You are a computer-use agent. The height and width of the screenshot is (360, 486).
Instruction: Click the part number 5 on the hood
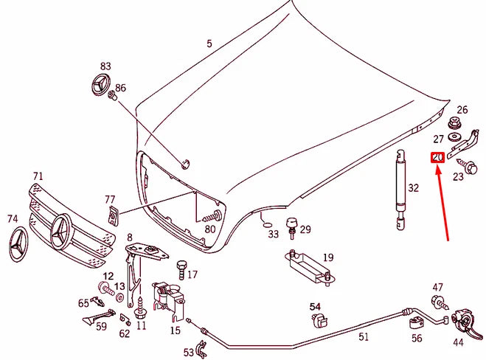click(209, 44)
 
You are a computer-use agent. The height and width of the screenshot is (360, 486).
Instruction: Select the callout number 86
click(120, 88)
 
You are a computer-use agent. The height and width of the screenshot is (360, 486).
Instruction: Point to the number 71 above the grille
click(38, 177)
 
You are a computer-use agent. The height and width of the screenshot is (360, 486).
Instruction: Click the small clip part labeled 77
click(112, 215)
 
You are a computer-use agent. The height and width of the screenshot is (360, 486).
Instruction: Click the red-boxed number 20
click(437, 157)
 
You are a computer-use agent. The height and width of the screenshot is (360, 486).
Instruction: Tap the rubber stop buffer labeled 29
click(291, 225)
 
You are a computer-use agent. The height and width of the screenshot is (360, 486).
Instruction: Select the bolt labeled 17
click(181, 266)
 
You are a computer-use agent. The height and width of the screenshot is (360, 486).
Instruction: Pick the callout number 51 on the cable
click(363, 337)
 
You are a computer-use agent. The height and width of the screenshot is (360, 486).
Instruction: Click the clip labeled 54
click(318, 319)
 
